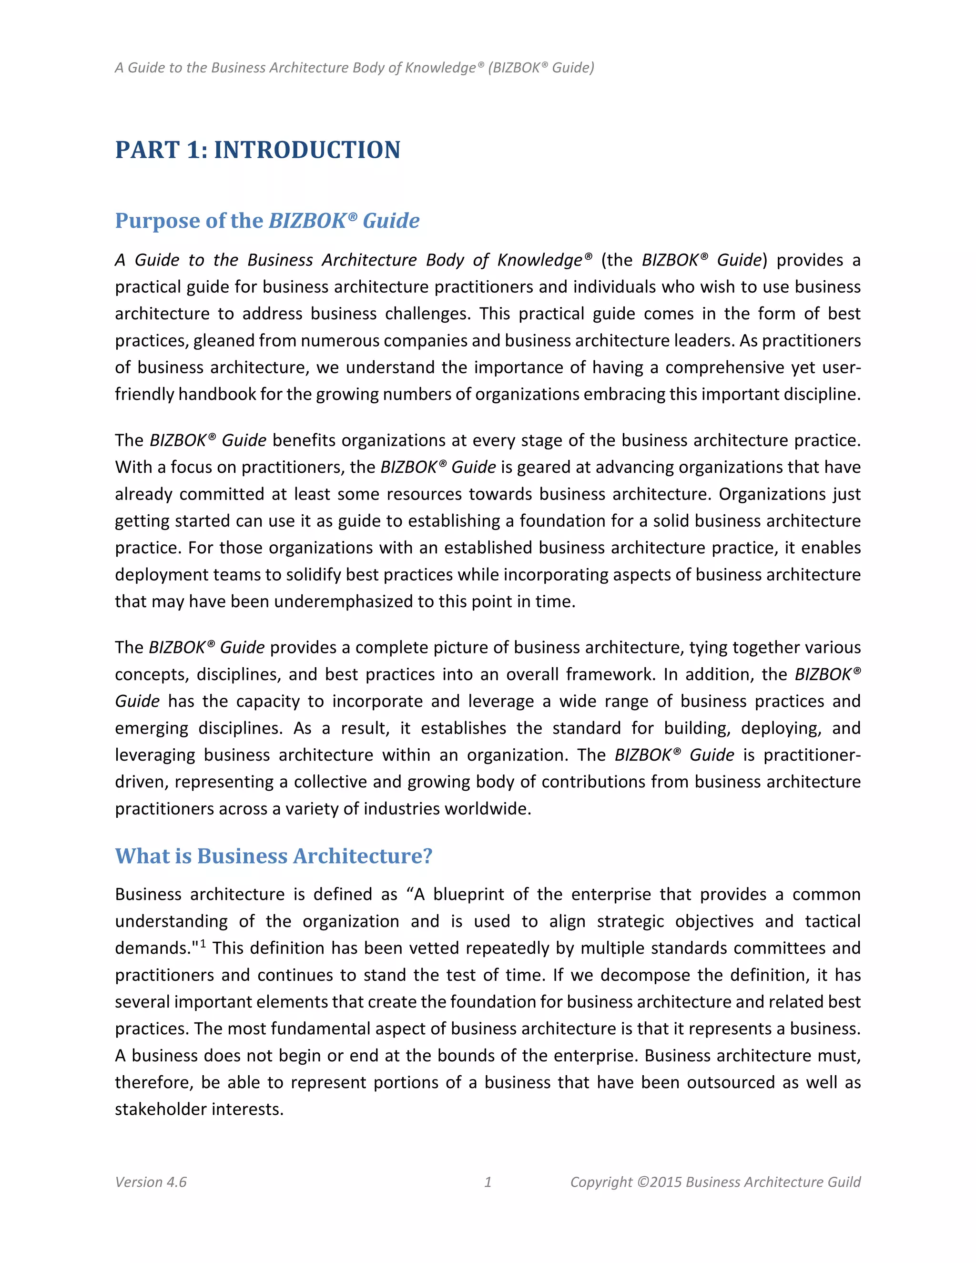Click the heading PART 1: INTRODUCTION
coord(257,150)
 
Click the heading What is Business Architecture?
coord(274,856)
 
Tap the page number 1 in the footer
coord(488,1182)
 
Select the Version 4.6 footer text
coord(151,1182)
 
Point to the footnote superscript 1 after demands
coord(203,944)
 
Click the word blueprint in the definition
coord(468,895)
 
